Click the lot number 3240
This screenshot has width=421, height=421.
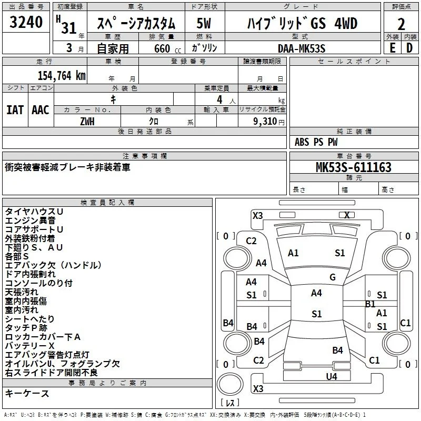point(26,22)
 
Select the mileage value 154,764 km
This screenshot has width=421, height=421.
point(62,76)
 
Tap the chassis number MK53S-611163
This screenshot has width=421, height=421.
point(354,167)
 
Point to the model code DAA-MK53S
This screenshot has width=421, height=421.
point(302,48)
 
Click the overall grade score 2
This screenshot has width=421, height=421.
point(401,24)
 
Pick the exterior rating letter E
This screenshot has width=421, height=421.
point(393,48)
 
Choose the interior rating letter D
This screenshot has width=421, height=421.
point(409,48)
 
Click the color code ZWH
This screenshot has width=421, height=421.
point(87,122)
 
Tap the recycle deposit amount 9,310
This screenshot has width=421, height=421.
point(265,122)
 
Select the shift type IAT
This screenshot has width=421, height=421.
point(15,110)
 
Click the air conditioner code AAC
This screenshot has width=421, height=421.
point(41,110)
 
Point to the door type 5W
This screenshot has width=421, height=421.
point(204,23)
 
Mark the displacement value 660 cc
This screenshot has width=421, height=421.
point(167,48)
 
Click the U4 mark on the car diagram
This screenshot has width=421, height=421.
point(332,377)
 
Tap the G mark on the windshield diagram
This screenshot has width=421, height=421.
point(333,277)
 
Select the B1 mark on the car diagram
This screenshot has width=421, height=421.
point(370,304)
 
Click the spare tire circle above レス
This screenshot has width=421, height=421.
point(230,384)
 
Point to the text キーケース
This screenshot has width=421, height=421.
point(27,393)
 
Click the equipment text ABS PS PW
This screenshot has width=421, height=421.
point(316,142)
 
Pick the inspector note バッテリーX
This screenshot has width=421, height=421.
point(30,346)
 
